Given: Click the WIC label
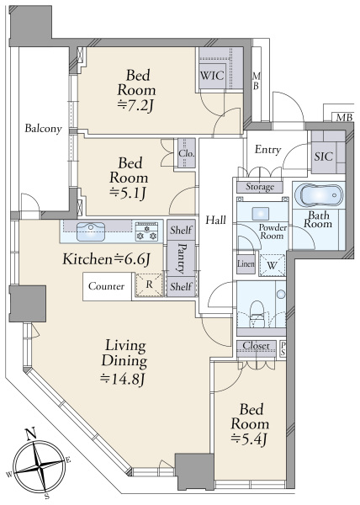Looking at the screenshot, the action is click(212, 76).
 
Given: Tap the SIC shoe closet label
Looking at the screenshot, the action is click(324, 157).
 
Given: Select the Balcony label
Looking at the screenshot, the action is click(43, 129).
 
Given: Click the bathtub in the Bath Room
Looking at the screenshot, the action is click(321, 195).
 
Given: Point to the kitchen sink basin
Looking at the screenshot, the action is click(91, 231).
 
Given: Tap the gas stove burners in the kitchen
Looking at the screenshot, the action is click(146, 231).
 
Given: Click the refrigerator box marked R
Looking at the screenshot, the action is click(149, 284).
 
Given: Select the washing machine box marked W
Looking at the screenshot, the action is click(273, 265).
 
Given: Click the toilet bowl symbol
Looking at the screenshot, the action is click(257, 310).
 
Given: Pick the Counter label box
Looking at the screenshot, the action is click(107, 286).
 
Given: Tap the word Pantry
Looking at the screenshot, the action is click(182, 258).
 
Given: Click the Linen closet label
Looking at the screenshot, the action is click(246, 263).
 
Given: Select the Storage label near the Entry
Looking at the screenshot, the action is click(260, 187).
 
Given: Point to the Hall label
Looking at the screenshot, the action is click(216, 221).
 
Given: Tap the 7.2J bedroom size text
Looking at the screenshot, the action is click(135, 106).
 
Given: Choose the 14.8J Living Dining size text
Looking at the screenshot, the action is click(123, 379).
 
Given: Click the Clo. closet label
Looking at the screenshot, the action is click(187, 154).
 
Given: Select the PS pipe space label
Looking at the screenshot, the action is click(283, 348).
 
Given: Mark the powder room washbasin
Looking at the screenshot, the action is click(261, 213).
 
